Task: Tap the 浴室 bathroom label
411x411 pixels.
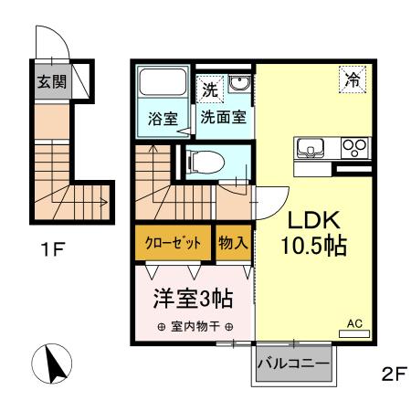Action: click(x=163, y=117)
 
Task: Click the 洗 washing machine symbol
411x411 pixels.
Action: click(x=210, y=90)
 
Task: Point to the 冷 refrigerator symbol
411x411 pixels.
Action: click(x=353, y=79)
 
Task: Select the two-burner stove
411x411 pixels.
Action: click(x=353, y=146)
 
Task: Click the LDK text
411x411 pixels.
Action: click(x=314, y=221)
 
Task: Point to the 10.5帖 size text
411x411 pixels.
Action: click(x=314, y=246)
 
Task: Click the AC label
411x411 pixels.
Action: click(x=356, y=322)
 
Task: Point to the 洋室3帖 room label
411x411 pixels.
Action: click(x=191, y=298)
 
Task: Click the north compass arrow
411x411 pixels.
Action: click(x=50, y=365)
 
